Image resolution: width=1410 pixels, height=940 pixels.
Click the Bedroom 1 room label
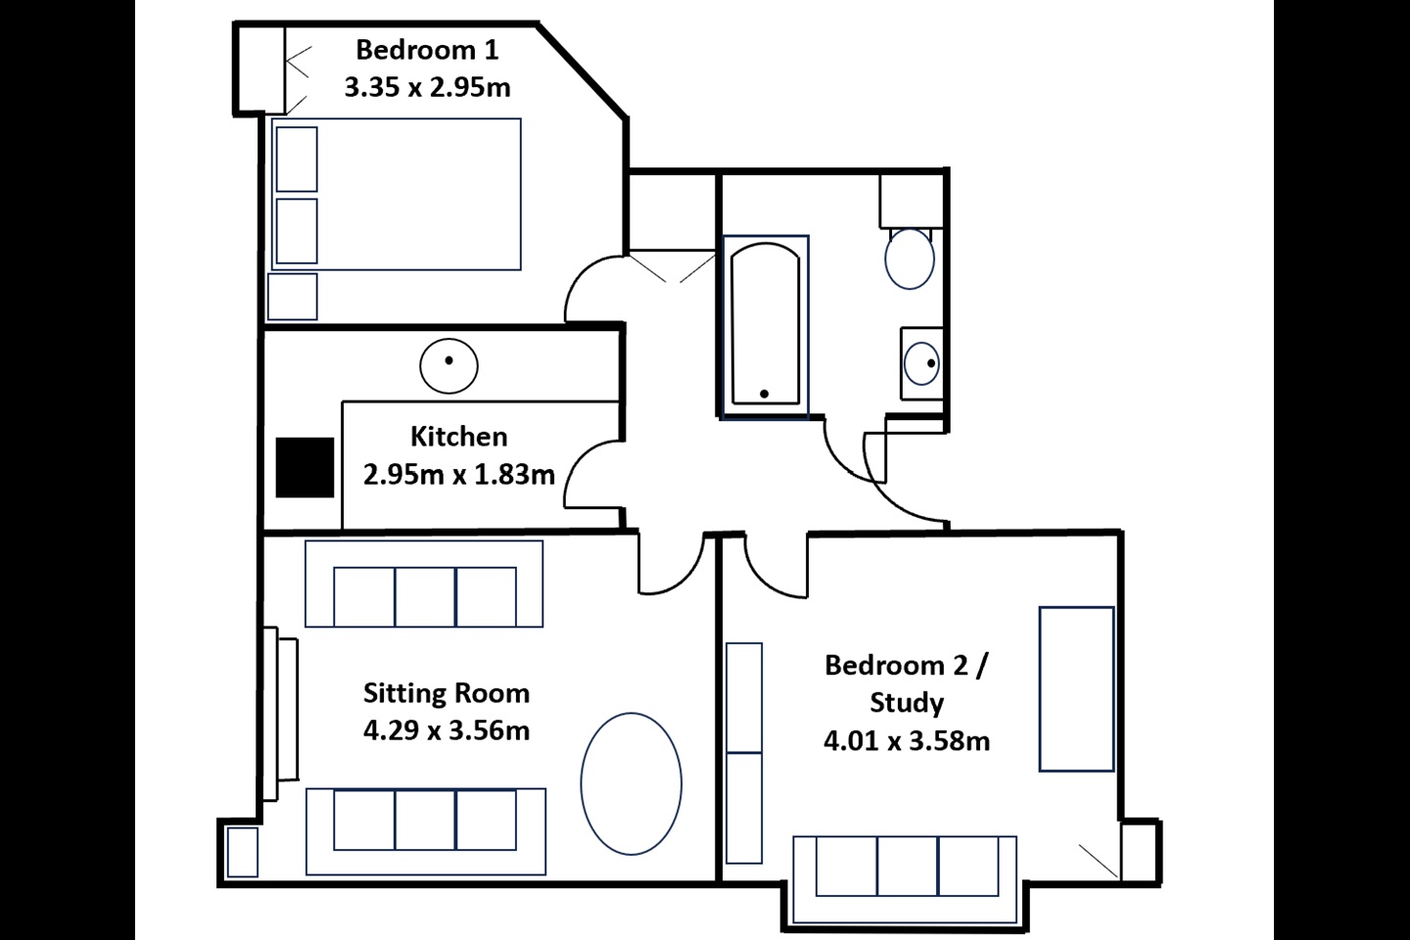[x=427, y=50]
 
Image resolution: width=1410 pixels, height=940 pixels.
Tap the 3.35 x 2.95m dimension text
[x=427, y=87]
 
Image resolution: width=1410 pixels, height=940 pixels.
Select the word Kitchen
[x=459, y=437]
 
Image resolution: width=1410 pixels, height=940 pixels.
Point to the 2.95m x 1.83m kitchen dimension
[x=459, y=474]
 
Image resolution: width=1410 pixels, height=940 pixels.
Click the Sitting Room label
[x=446, y=693]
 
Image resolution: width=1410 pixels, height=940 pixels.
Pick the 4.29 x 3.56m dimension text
[x=446, y=730]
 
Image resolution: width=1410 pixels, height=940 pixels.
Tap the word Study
[x=907, y=703]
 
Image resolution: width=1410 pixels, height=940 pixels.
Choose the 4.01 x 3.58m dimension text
[x=907, y=740]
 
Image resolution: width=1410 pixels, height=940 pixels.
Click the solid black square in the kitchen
[x=305, y=467]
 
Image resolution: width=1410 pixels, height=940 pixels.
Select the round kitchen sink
[x=448, y=366]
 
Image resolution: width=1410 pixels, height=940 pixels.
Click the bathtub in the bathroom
[x=766, y=326]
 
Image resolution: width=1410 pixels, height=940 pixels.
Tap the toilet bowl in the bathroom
[x=910, y=258]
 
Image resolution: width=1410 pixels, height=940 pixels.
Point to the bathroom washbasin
[x=922, y=363]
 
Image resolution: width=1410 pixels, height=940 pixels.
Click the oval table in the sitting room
[x=631, y=784]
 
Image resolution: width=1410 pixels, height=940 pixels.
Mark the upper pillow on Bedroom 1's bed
[x=297, y=160]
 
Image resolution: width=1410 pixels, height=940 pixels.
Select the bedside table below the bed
[x=292, y=297]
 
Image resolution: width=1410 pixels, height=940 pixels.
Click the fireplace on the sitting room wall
[x=280, y=714]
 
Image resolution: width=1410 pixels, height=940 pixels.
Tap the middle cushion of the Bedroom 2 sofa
[x=907, y=866]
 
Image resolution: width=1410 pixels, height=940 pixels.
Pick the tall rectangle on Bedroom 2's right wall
[x=1076, y=688]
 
